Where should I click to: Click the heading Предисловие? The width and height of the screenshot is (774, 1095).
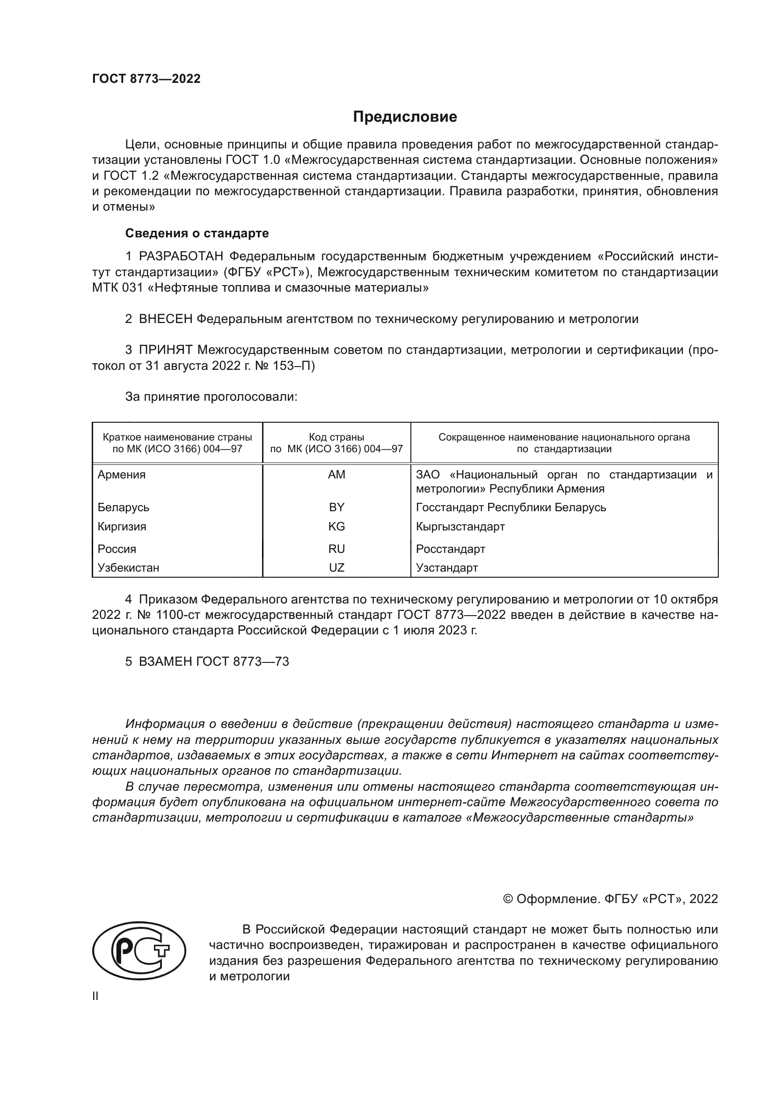pyautogui.click(x=405, y=117)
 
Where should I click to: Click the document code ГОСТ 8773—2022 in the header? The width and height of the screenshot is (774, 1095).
pyautogui.click(x=146, y=79)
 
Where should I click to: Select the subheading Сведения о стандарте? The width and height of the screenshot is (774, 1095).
pyautogui.click(x=197, y=233)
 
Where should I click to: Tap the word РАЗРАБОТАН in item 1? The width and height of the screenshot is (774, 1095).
pyautogui.click(x=181, y=257)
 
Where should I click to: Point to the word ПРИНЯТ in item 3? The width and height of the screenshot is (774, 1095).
pyautogui.click(x=165, y=350)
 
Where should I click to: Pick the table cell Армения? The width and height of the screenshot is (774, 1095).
pyautogui.click(x=122, y=475)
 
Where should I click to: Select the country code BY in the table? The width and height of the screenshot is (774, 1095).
pyautogui.click(x=336, y=507)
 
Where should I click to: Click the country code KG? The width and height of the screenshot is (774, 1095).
pyautogui.click(x=336, y=527)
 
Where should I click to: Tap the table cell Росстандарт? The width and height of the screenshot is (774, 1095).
pyautogui.click(x=450, y=549)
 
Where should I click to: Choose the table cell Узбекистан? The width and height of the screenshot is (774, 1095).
pyautogui.click(x=128, y=567)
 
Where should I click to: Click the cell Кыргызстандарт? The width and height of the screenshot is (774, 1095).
pyautogui.click(x=460, y=527)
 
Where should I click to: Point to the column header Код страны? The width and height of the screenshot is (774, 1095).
pyautogui.click(x=336, y=437)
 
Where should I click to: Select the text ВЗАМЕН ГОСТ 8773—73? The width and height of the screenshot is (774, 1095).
pyautogui.click(x=213, y=661)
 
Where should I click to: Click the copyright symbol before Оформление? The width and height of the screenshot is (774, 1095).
pyautogui.click(x=508, y=899)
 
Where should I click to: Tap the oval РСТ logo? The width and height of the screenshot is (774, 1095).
pyautogui.click(x=139, y=950)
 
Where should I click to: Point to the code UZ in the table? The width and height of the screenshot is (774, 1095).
pyautogui.click(x=336, y=567)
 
